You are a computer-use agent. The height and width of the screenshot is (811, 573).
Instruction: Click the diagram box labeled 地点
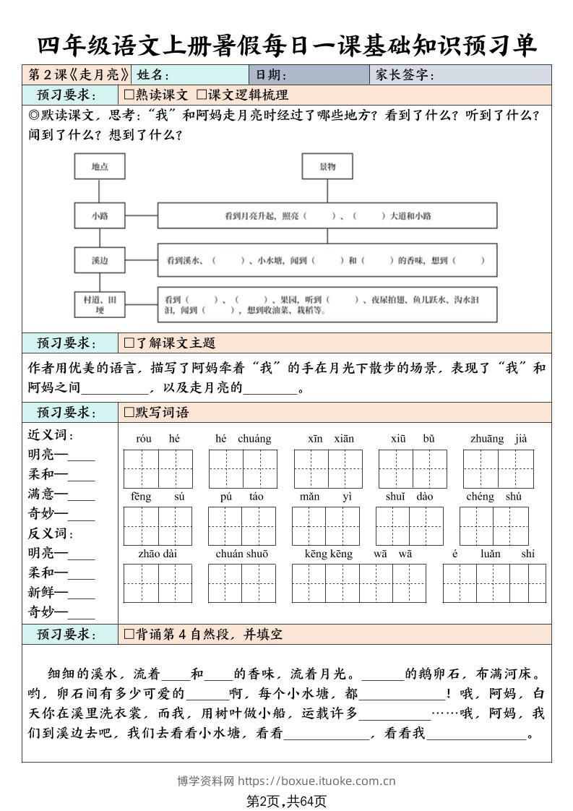[x=100, y=167]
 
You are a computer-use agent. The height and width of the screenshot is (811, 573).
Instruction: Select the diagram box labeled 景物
[x=327, y=167]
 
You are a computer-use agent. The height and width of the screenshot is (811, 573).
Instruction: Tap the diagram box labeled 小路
[x=100, y=215]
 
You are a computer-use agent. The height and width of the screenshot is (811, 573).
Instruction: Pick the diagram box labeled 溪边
[x=100, y=260]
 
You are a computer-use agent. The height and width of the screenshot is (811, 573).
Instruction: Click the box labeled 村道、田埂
[x=100, y=304]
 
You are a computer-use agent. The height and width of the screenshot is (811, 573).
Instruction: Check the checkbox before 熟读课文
[x=129, y=95]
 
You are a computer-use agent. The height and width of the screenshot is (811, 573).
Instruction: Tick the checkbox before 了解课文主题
[x=129, y=343]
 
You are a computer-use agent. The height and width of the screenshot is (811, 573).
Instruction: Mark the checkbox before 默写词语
[x=129, y=413]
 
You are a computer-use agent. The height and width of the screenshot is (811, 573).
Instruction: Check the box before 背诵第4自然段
[x=129, y=635]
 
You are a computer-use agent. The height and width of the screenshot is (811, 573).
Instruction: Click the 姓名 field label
[x=152, y=75]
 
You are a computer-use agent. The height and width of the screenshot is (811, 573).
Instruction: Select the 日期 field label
[x=271, y=75]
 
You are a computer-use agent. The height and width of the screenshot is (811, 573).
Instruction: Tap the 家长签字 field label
[x=404, y=75]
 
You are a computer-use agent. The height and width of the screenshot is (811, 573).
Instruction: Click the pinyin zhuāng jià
[x=499, y=439]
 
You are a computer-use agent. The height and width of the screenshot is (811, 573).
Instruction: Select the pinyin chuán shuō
[x=241, y=554]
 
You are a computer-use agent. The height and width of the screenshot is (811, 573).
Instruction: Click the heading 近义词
[x=51, y=435]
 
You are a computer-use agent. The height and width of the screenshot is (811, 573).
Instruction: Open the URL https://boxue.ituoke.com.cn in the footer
[x=316, y=781]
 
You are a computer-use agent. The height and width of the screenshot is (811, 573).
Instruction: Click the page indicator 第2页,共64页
[x=287, y=801]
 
